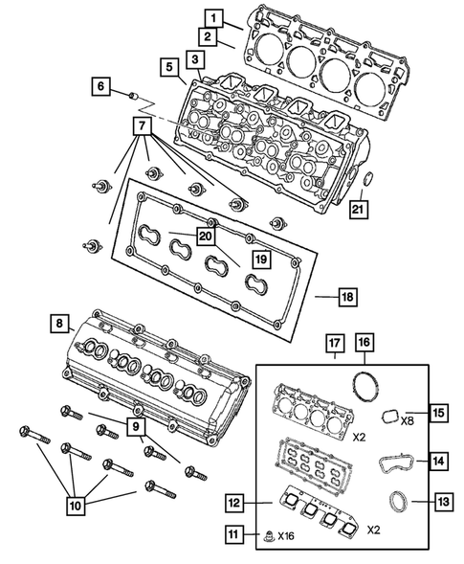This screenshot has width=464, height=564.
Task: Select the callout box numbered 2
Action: click(x=206, y=37)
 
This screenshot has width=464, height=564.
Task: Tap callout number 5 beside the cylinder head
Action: click(x=168, y=67)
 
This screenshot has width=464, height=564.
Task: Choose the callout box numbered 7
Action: click(x=142, y=126)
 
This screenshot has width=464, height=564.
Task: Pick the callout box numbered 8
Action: click(x=59, y=325)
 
